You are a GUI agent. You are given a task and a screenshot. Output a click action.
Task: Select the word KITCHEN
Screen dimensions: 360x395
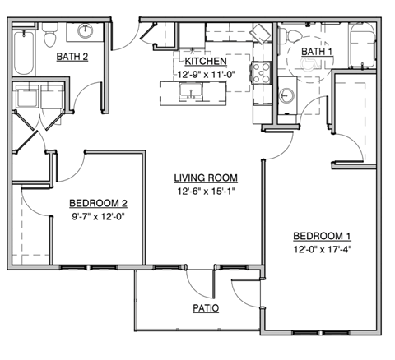206,62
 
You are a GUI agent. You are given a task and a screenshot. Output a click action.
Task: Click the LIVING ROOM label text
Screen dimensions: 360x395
205,178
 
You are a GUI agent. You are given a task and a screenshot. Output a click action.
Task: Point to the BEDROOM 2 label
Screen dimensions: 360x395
97,203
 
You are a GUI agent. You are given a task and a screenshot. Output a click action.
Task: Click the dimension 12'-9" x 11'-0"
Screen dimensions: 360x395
206,74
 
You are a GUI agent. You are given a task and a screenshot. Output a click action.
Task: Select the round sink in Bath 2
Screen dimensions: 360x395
85,32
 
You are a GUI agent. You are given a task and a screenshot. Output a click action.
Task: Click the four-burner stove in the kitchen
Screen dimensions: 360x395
263,74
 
